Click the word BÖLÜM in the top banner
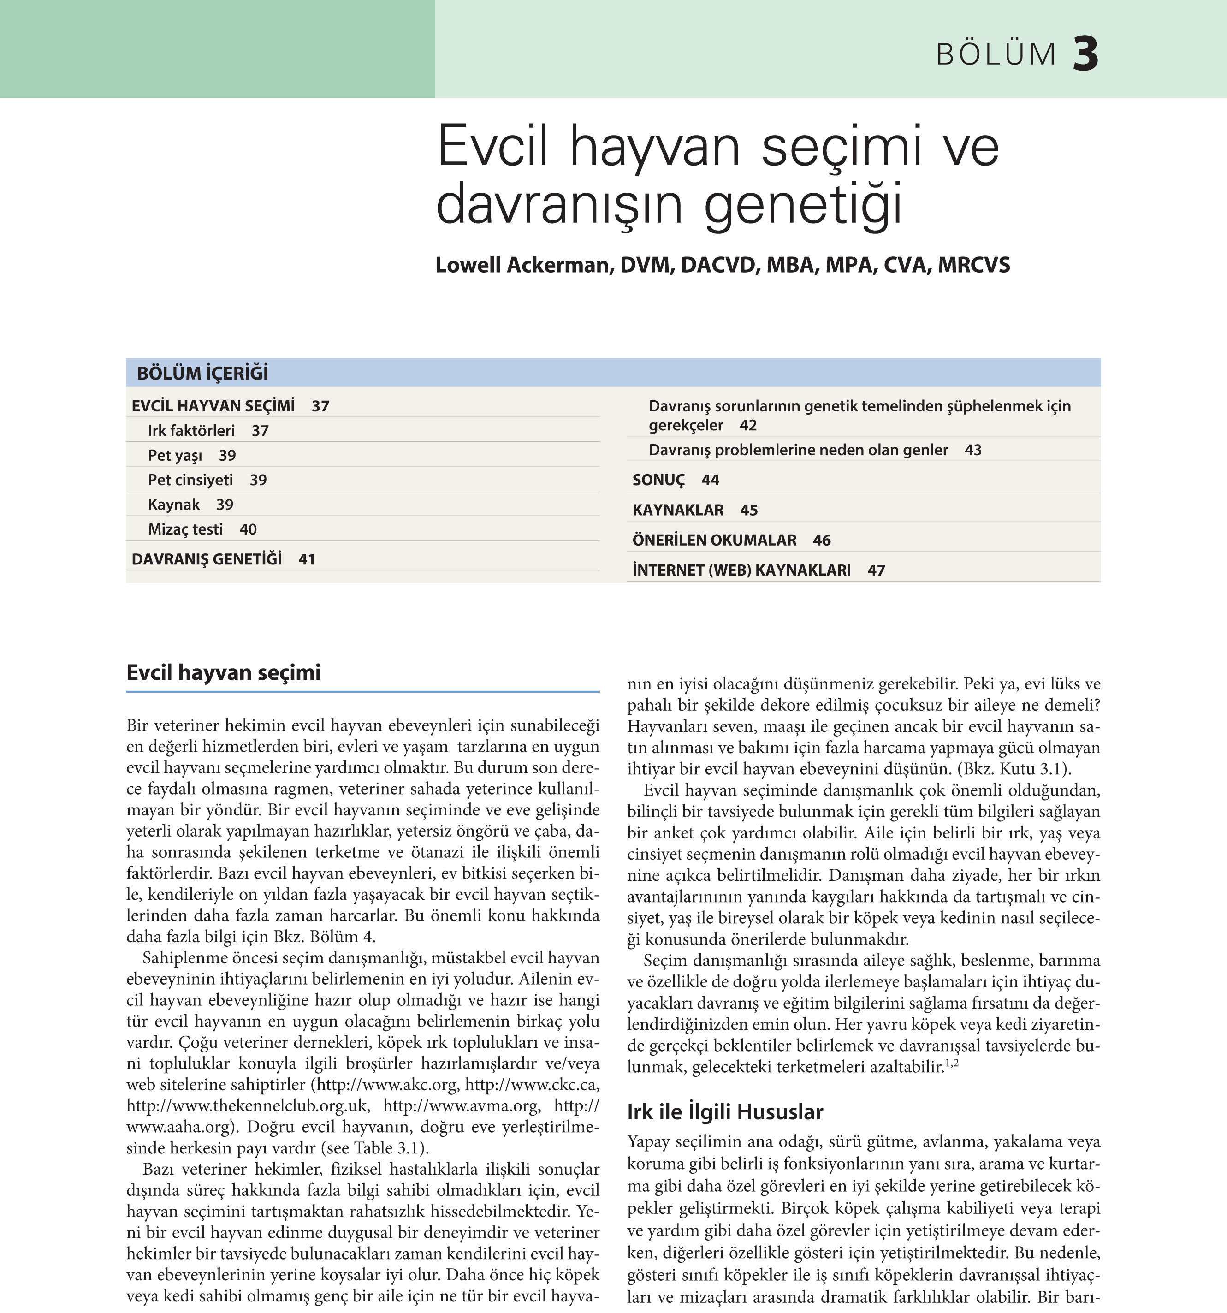(x=996, y=55)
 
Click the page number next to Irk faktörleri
(x=260, y=431)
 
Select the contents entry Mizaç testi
(x=185, y=529)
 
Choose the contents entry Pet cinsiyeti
(x=190, y=480)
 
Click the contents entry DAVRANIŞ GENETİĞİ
(x=207, y=559)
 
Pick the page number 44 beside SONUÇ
(x=710, y=480)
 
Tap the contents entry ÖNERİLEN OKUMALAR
(x=714, y=540)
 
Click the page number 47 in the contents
(x=876, y=570)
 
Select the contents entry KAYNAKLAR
(x=677, y=510)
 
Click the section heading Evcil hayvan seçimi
(x=223, y=672)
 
